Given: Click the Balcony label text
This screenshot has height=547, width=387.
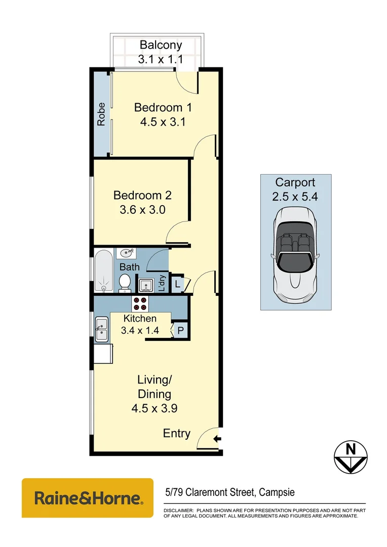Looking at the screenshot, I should point(161,45).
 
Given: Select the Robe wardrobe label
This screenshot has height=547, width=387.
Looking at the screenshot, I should point(101,114).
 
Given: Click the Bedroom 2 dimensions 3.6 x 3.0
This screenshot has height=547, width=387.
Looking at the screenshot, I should point(142,209).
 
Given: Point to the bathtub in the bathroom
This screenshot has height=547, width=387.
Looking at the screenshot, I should point(104,270).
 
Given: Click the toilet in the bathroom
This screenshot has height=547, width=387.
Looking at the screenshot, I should point(125,283).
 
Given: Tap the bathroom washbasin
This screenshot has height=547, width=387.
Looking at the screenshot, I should point(126,252).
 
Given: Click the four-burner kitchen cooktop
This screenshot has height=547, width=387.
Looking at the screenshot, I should point(140,303).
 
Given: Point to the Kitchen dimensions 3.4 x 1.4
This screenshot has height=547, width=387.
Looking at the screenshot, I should point(140,330).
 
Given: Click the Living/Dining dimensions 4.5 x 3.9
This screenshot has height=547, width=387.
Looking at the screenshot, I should point(154,408).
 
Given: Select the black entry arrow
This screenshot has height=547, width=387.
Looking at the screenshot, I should point(217,439).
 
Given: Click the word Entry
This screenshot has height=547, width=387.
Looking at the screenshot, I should point(177,434).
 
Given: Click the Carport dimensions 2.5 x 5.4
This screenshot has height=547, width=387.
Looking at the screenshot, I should point(295,197).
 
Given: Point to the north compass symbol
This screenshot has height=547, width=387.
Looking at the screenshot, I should point(350,457).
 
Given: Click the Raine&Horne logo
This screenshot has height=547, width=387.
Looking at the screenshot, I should point(87,498).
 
